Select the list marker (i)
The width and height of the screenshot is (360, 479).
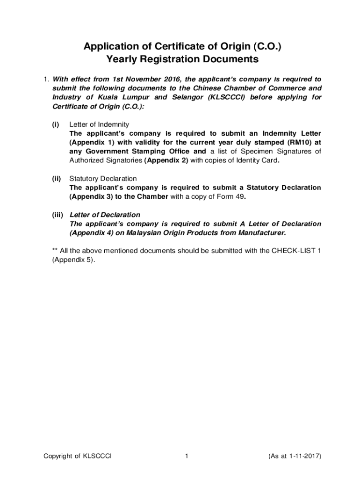pyautogui.click(x=55, y=124)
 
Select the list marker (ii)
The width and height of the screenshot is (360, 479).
pyautogui.click(x=56, y=179)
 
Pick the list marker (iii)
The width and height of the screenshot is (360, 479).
pyautogui.click(x=57, y=215)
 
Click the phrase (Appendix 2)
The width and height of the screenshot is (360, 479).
pyautogui.click(x=166, y=160)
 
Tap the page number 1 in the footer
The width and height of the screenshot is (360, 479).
pyautogui.click(x=186, y=456)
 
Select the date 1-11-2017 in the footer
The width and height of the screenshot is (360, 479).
pyautogui.click(x=299, y=456)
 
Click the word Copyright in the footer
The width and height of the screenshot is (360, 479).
pyautogui.click(x=58, y=456)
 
